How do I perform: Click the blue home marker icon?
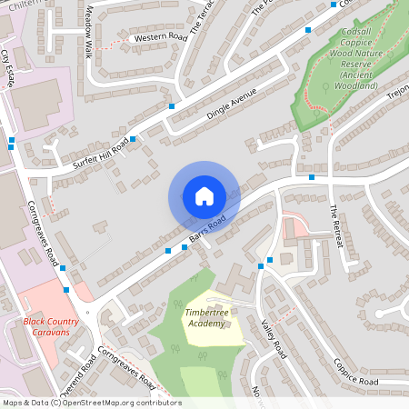coord(204,196)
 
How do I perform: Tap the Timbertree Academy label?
coord(204,318)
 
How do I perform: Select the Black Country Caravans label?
coord(52,326)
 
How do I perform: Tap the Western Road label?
coord(159,38)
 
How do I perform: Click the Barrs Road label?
coord(207,230)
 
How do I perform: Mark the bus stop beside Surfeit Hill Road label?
coord(134,139)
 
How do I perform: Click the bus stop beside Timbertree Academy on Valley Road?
coord(260,265)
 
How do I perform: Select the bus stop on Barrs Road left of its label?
coord(168,249)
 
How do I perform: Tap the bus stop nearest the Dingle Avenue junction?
coord(172,106)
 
